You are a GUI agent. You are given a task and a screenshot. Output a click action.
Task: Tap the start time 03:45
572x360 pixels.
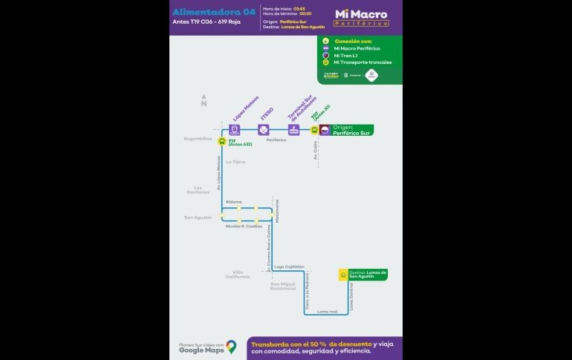coord(299,8)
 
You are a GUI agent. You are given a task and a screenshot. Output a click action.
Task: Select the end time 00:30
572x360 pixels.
coord(305,14)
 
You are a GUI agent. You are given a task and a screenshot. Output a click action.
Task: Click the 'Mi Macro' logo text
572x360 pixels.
coord(361,14)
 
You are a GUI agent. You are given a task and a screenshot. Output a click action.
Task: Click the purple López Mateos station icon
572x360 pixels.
coord(234,130)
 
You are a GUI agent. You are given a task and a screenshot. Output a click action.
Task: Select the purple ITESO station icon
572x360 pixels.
coord(262,130)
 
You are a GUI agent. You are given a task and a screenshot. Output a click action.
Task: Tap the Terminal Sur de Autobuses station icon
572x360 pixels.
coord(293,130)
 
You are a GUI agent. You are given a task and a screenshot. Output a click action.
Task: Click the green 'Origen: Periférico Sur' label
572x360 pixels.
coord(353,130)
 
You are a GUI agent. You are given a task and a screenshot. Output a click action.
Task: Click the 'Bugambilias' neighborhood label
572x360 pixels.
coord(198,139)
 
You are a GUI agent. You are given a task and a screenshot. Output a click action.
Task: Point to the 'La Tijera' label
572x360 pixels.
coord(235,161)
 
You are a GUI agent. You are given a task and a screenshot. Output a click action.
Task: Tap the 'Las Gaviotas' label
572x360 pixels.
coord(198,190)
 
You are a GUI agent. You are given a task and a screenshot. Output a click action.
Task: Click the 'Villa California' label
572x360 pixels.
coord(238,274)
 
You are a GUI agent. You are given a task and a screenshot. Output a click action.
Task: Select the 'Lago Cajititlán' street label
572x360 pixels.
coord(289,266)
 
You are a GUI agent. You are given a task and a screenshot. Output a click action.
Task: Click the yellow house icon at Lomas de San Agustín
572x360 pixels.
coord(342,275)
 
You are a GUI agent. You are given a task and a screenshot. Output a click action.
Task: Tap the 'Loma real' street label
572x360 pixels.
coord(327,312)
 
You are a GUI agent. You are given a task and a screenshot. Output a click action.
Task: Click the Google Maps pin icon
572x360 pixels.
coord(231,346)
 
